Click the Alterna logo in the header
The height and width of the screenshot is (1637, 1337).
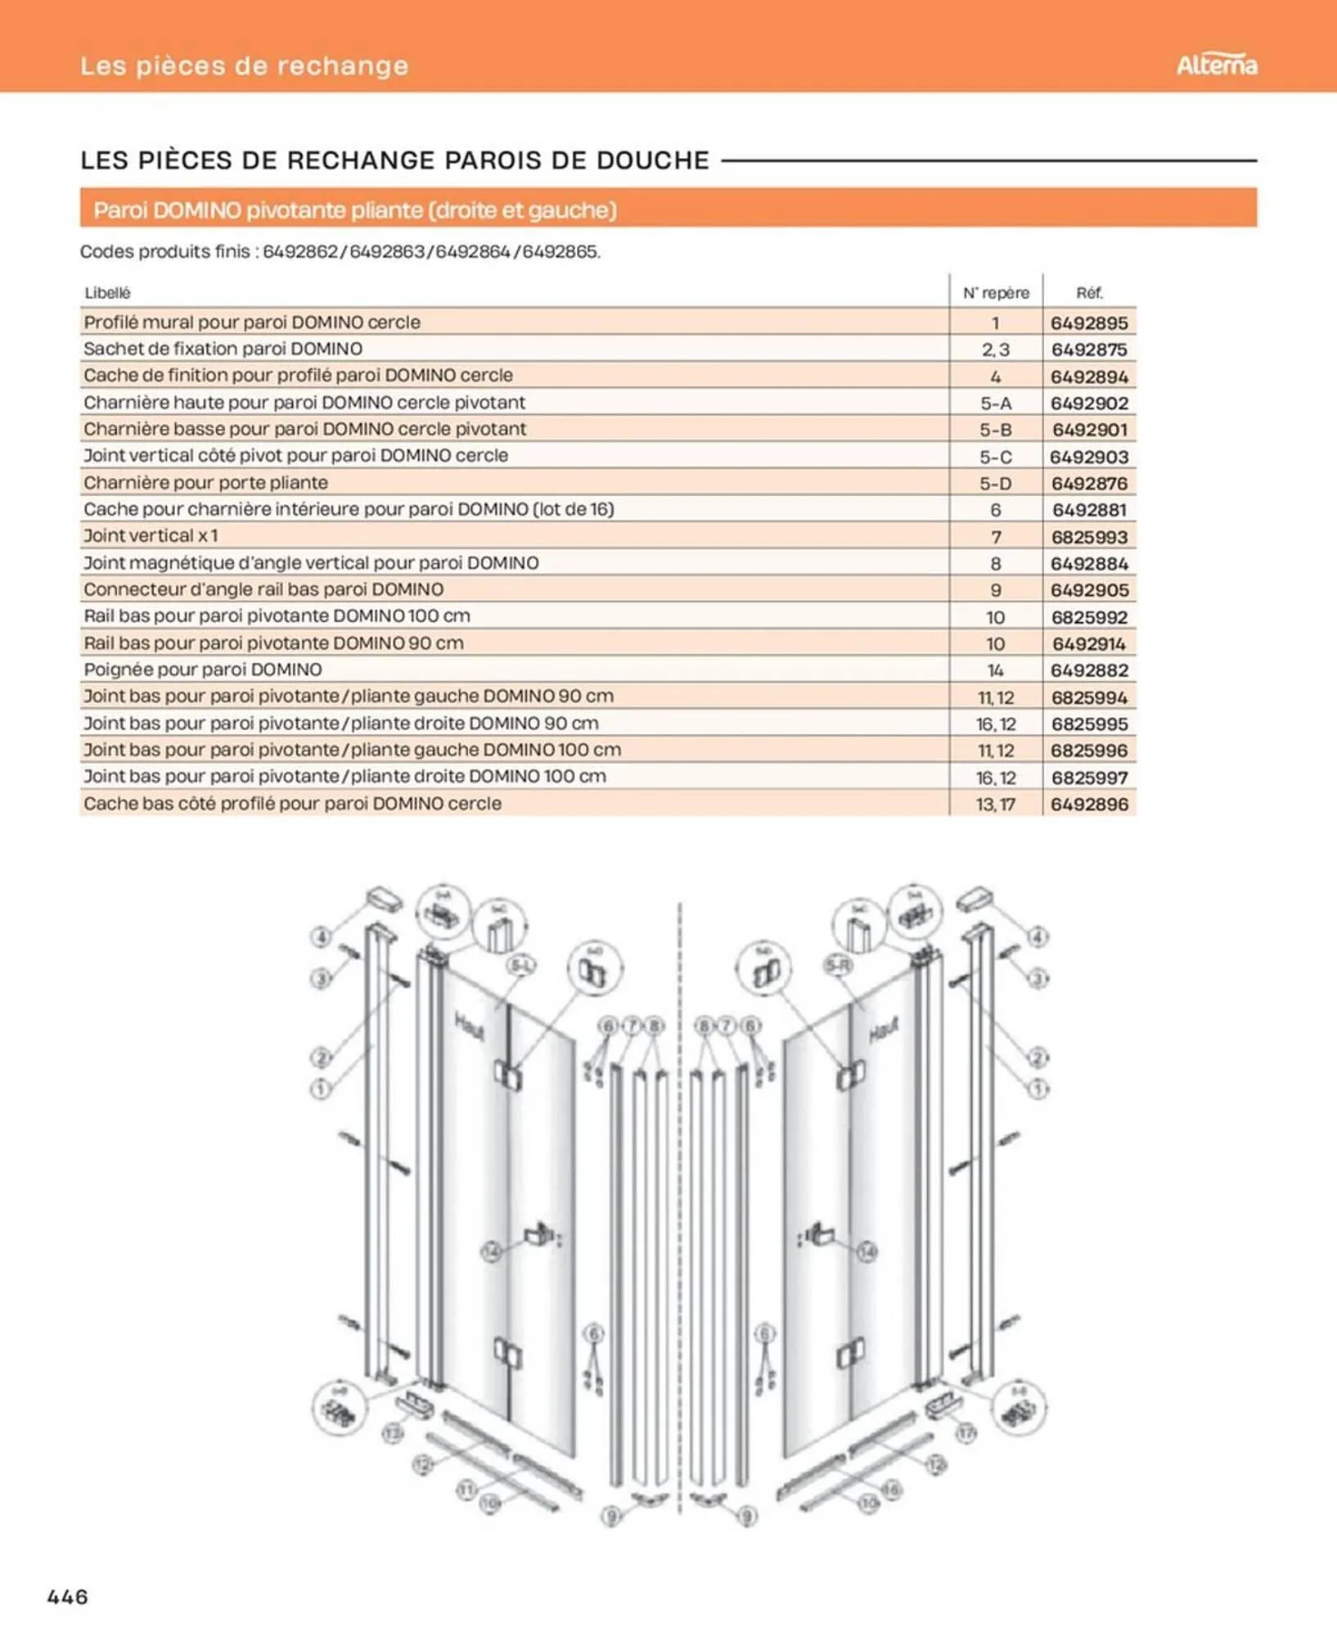pos(1216,65)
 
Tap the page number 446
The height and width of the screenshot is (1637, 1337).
pos(68,1596)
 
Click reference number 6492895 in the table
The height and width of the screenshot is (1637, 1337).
pos(1089,322)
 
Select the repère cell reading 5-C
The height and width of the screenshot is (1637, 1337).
pos(995,457)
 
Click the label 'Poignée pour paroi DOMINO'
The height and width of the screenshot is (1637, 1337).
pos(203,670)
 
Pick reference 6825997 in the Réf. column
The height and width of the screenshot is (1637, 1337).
pos(1089,778)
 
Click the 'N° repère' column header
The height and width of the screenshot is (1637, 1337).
pos(995,293)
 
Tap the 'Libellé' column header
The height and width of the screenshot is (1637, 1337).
pos(107,293)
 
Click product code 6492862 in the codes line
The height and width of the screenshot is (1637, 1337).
pos(300,252)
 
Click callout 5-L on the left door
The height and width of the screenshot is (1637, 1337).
pos(521,966)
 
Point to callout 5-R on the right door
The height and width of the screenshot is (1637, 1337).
pos(839,966)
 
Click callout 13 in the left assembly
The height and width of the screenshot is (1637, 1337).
pos(394,1432)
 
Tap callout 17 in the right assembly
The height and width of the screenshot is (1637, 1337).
pos(966,1432)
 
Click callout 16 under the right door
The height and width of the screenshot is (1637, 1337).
pos(891,1489)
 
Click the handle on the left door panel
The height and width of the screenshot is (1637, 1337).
pos(539,1233)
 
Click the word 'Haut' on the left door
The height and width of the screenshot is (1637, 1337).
pos(469,1026)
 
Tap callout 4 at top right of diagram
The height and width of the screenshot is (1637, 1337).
pos(1038,936)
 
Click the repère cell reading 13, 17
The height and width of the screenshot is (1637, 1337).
pos(995,805)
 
